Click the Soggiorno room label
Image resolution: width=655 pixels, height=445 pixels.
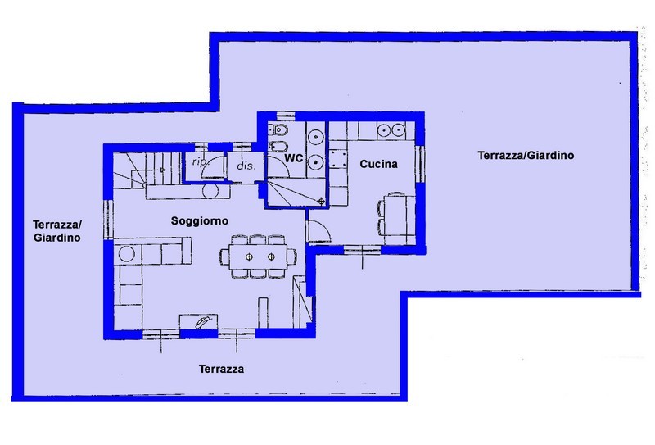tap(199, 220)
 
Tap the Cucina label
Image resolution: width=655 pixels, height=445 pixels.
tap(378, 164)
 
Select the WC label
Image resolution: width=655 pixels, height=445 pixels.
tap(293, 158)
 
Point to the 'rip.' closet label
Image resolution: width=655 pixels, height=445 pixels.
tap(200, 162)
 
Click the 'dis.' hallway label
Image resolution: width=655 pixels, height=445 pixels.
tap(246, 166)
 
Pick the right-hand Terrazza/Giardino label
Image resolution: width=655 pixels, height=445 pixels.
tap(526, 155)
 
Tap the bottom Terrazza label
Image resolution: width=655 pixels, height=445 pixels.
tap(221, 369)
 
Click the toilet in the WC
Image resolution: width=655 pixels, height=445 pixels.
tap(278, 130)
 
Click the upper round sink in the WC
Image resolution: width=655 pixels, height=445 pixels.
tap(315, 136)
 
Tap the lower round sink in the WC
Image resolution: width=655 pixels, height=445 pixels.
tap(315, 161)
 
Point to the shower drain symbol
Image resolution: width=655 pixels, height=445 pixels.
tap(321, 202)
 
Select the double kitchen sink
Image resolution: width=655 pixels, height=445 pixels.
tap(391, 130)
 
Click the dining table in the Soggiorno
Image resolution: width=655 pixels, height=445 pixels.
tap(258, 257)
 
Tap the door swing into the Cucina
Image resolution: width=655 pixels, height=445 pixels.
tap(318, 230)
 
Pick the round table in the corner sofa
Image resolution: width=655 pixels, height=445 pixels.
tap(126, 254)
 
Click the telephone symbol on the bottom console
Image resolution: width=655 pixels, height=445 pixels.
tap(203, 321)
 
